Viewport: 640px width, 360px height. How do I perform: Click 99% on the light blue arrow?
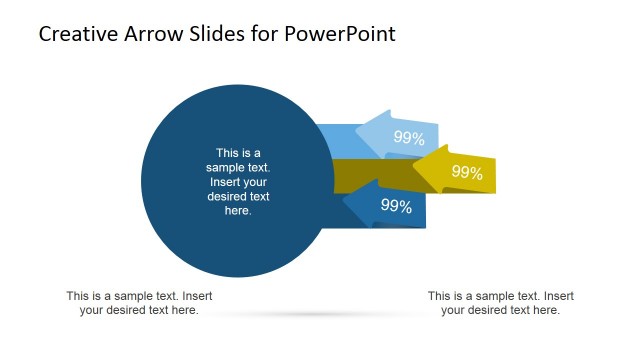pos(409,138)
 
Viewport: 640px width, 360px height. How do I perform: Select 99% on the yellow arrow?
pos(467,172)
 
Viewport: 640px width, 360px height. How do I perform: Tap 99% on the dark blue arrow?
pos(397,206)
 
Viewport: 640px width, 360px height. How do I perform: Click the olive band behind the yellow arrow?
pos(370,172)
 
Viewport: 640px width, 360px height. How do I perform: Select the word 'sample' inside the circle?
pos(225,167)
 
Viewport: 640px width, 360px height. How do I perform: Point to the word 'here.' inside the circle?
pos(238,211)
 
